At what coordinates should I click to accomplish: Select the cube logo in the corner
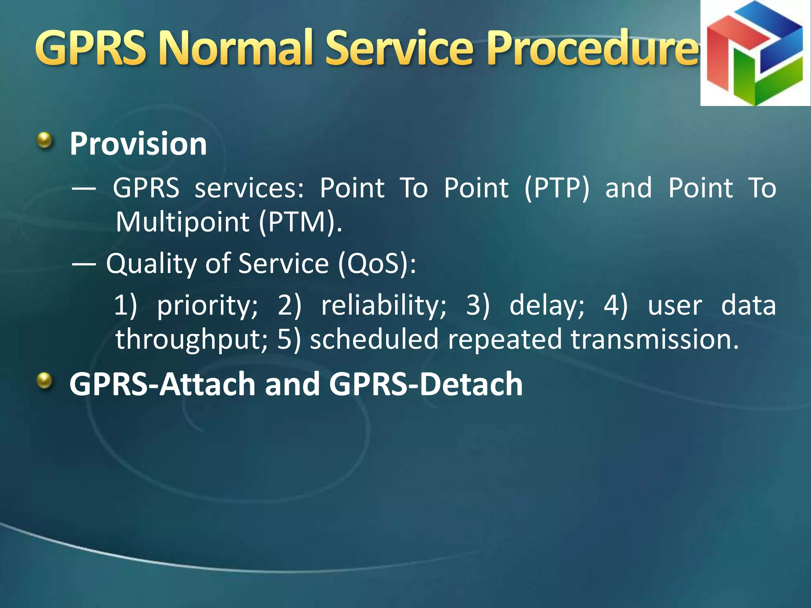click(x=755, y=53)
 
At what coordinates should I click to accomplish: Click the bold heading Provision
click(x=138, y=144)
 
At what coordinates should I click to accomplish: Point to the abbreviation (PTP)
click(x=557, y=188)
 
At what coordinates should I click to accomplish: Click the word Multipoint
click(x=182, y=222)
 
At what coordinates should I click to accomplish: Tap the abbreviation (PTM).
click(x=300, y=222)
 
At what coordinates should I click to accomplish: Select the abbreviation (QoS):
click(x=377, y=264)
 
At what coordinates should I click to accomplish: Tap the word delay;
click(x=546, y=306)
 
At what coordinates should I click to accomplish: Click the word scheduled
click(x=374, y=340)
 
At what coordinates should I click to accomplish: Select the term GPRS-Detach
click(x=426, y=384)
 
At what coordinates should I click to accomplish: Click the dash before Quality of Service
click(x=84, y=264)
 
